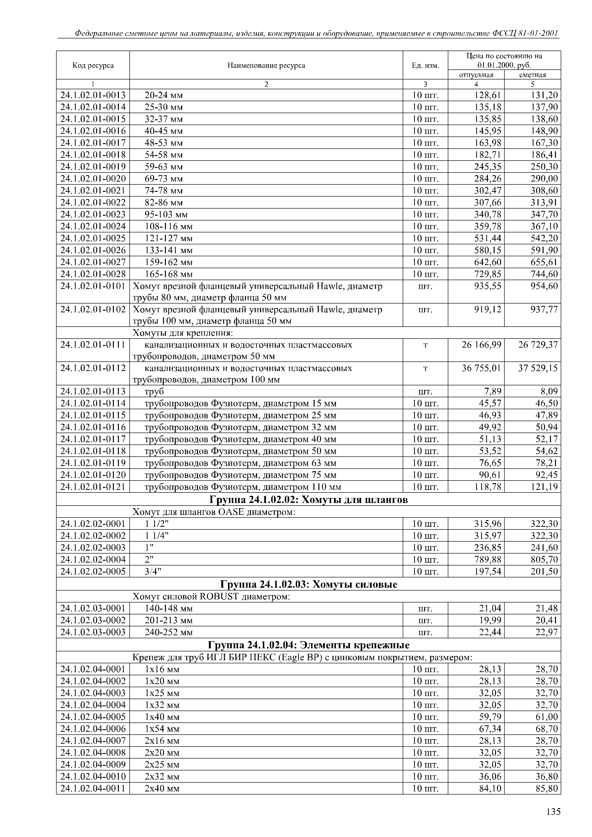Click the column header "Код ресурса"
coord(93,66)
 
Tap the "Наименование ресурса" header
coord(266,66)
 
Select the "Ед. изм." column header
coord(425,66)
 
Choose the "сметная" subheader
coord(533,75)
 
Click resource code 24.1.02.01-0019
coord(93,167)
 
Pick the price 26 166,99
coord(481,345)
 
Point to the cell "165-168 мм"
coord(169,274)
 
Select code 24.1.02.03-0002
coord(93,620)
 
